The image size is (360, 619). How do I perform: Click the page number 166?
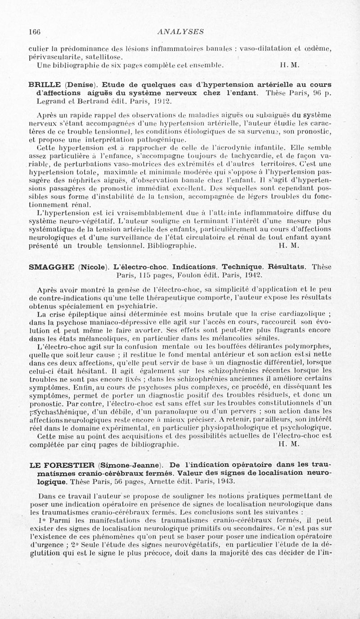click(x=34, y=31)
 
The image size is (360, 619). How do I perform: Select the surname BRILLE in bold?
click(x=45, y=85)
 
